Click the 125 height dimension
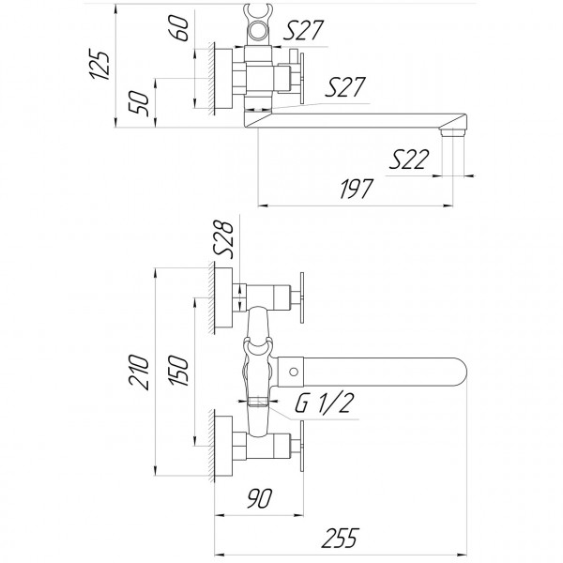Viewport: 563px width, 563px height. coord(106,65)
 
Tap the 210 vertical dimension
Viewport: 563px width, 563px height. coord(138,373)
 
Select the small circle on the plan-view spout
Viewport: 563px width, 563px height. coord(295,373)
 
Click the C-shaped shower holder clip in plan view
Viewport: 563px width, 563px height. coord(255,351)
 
